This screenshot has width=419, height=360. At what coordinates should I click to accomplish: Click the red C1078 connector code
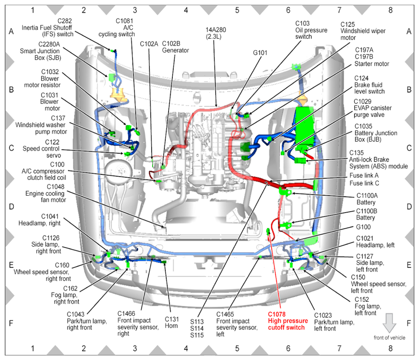[276, 314]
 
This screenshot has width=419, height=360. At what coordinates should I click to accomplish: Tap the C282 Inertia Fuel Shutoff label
[47, 27]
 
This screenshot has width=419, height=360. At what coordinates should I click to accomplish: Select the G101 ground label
[260, 53]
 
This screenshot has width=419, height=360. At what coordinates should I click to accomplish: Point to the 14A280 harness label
[215, 33]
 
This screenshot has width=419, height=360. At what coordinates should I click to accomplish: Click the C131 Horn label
[171, 323]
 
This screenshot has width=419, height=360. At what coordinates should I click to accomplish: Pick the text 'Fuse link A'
[364, 175]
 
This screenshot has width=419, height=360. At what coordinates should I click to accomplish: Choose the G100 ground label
[363, 227]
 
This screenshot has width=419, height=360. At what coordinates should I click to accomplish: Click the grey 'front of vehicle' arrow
[389, 323]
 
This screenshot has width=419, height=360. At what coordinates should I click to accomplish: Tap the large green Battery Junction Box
[305, 126]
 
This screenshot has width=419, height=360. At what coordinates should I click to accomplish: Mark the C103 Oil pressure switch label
[311, 30]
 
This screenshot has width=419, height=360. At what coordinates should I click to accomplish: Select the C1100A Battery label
[367, 199]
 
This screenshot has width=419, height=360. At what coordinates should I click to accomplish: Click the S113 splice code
[197, 322]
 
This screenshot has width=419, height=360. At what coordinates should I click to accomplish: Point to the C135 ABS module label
[378, 160]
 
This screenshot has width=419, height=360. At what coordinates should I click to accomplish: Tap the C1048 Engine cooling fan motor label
[46, 193]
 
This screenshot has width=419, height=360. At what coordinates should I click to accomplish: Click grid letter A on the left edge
[11, 32]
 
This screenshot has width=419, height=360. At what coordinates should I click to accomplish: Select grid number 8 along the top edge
[390, 10]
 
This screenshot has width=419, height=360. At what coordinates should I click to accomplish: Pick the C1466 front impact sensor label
[138, 323]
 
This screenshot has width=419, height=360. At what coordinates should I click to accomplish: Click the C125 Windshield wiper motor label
[363, 31]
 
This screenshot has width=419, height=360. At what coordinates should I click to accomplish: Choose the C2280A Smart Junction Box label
[40, 51]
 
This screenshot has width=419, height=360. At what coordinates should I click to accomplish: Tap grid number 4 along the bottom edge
[186, 349]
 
